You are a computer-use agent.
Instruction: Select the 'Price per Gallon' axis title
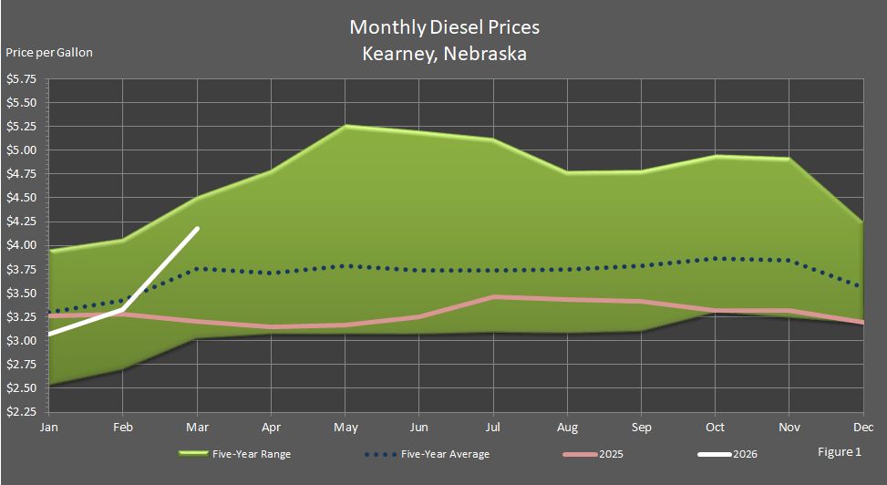49,52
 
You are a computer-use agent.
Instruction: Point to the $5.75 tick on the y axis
21,79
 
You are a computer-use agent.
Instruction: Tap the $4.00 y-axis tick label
21,245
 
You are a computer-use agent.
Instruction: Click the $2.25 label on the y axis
21,411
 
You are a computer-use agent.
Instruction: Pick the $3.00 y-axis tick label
21,340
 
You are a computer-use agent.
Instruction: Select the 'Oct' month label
716,426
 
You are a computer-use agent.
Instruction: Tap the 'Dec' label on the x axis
859,426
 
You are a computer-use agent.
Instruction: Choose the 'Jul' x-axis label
493,426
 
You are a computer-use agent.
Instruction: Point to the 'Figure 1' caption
839,451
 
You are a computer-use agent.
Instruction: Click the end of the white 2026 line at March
198,229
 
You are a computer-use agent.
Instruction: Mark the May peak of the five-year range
345,126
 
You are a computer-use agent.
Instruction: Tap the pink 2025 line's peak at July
493,296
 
